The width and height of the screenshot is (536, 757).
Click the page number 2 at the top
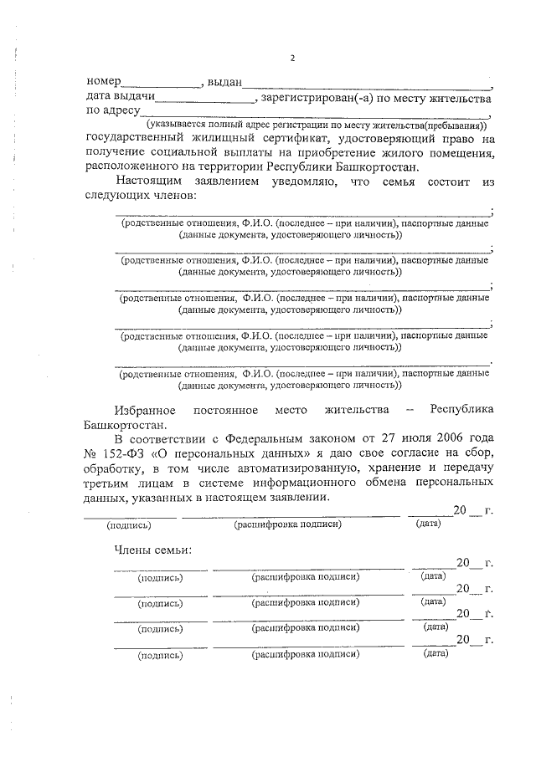292,58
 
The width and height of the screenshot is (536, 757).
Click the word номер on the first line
103,83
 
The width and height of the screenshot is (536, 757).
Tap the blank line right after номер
161,85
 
